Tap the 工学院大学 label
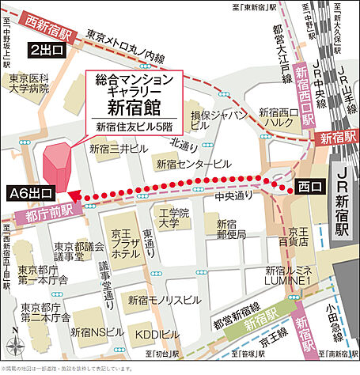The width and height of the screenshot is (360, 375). click(x=170, y=219)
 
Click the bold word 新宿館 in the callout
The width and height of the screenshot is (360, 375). click(x=132, y=106)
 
